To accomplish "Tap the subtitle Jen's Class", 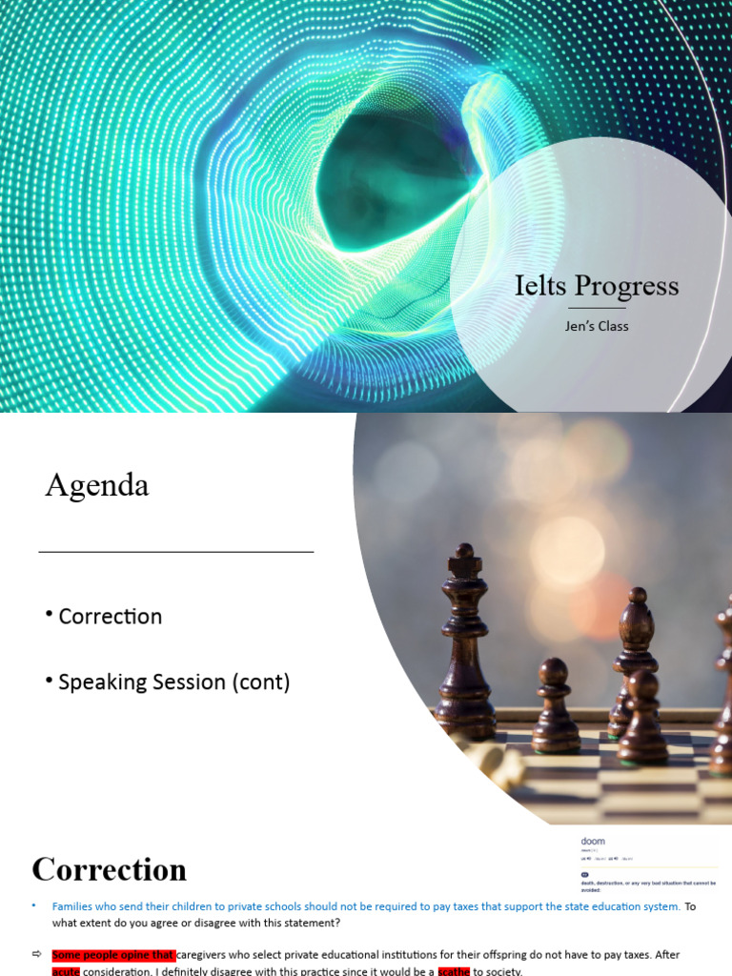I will [x=597, y=326].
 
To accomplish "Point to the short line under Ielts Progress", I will [x=597, y=308].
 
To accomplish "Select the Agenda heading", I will [x=97, y=486].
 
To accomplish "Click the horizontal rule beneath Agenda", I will [x=176, y=552].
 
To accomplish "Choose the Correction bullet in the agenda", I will [x=110, y=617].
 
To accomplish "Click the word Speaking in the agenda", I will [x=101, y=682].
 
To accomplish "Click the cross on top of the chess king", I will [x=464, y=552].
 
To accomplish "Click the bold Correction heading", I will [x=110, y=869].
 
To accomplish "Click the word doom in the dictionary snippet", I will [x=593, y=842].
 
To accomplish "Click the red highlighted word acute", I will [x=66, y=970].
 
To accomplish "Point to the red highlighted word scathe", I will [x=454, y=970].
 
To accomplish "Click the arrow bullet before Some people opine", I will [x=36, y=954].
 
